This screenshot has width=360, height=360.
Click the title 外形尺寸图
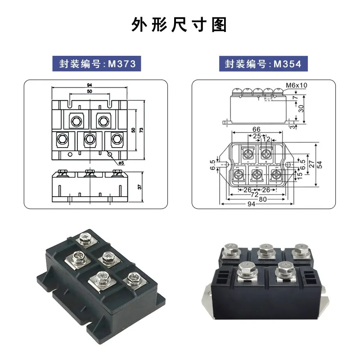pyautogui.click(x=179, y=25)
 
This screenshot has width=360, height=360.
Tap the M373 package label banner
pyautogui.click(x=97, y=63)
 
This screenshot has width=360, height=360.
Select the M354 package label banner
pyautogui.click(x=263, y=63)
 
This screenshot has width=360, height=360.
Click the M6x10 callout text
pyautogui.click(x=297, y=85)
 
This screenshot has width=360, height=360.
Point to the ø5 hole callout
pyautogui.click(x=121, y=163)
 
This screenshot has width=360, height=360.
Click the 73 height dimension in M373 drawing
pyautogui.click(x=141, y=130)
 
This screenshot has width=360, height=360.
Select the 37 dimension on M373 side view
pyautogui.click(x=140, y=187)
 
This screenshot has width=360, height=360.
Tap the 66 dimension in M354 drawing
pyautogui.click(x=256, y=129)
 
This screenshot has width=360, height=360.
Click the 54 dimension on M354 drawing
pyautogui.click(x=319, y=164)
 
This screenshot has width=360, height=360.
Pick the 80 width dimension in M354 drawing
pyautogui.click(x=263, y=199)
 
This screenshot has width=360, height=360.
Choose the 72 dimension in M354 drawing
pyautogui.click(x=254, y=195)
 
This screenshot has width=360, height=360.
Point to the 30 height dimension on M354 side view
pyautogui.click(x=301, y=108)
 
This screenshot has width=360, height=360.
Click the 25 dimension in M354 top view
pyautogui.click(x=257, y=136)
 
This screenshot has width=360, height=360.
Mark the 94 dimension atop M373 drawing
pyautogui.click(x=89, y=85)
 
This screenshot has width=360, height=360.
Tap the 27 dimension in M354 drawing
pyautogui.click(x=311, y=164)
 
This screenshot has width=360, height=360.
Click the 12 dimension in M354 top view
pyautogui.click(x=266, y=139)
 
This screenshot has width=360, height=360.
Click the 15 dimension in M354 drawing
pyautogui.click(x=300, y=175)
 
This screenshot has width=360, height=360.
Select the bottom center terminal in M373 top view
pyautogui.click(x=90, y=139)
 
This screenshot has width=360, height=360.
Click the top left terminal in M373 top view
pyautogui.click(x=76, y=121)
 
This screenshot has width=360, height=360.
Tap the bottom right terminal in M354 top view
pyautogui.click(x=275, y=175)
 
